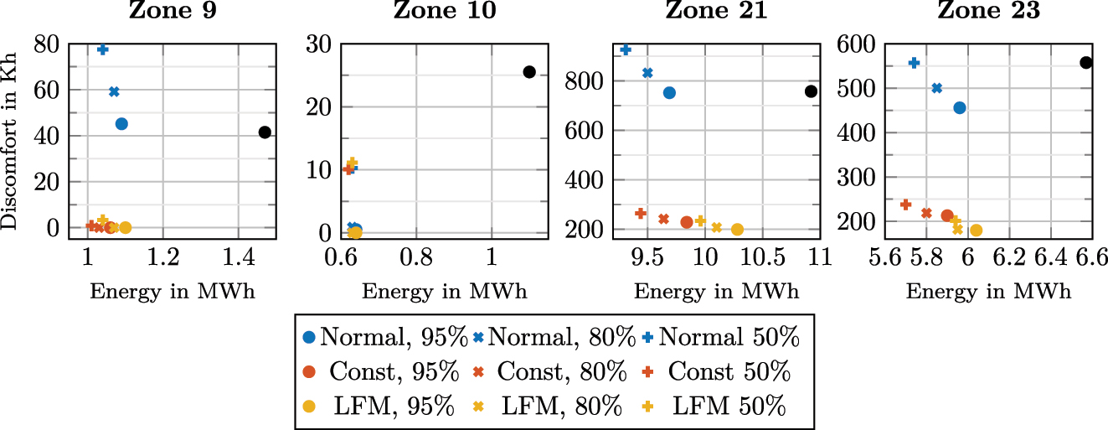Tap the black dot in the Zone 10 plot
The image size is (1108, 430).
[528, 72]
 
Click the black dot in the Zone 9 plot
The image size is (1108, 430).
[265, 132]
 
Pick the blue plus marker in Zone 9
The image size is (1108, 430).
[103, 49]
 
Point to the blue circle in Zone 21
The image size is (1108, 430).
[669, 93]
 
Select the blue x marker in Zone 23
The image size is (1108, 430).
[937, 88]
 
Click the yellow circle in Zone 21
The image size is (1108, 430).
[737, 230]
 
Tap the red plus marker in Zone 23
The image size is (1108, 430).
[905, 205]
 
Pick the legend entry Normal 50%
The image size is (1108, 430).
[721, 337]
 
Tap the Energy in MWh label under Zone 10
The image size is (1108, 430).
[445, 292]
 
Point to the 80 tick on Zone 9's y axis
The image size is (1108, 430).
[47, 44]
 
